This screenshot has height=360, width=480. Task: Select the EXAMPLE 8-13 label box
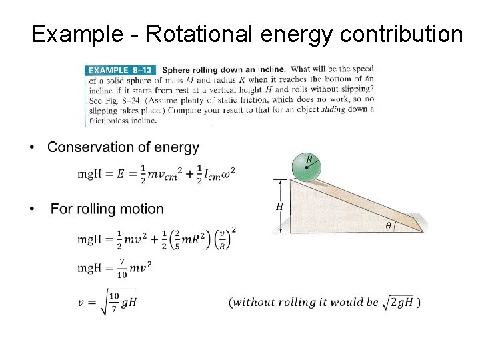121,69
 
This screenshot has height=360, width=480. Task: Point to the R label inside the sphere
310,159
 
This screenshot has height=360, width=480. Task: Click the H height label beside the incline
279,207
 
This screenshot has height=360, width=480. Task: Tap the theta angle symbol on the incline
389,227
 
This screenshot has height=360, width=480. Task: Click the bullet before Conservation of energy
34,148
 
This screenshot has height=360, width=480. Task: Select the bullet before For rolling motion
34,210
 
